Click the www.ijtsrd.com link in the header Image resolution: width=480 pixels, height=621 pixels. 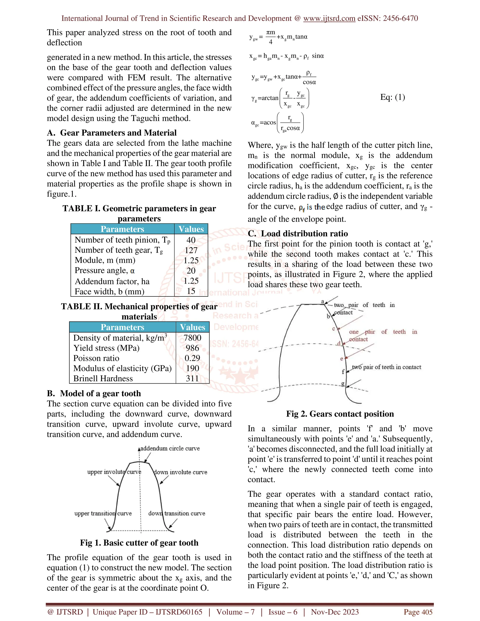click(329, 19)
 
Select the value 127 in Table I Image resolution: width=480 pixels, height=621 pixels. click(191, 250)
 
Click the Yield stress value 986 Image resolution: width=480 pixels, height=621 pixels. click(192, 348)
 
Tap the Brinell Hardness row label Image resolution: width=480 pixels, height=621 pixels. click(103, 379)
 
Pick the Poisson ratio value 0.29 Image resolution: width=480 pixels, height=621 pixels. click(192, 358)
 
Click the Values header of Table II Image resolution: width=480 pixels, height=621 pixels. click(192, 327)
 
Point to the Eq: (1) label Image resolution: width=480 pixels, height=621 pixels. click(392, 97)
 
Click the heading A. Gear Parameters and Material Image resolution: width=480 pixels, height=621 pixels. click(112, 133)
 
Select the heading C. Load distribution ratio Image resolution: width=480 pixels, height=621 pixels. click(298, 234)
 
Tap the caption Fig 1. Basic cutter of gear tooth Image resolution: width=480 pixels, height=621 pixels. click(139, 543)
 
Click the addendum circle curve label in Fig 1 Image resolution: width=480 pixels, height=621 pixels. click(170, 448)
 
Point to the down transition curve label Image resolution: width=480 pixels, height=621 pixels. click(176, 513)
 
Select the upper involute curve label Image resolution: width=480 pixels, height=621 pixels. click(114, 472)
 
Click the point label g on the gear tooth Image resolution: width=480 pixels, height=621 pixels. click(343, 384)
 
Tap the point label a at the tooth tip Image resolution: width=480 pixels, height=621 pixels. click(322, 301)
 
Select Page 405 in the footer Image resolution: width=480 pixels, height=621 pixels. click(418, 612)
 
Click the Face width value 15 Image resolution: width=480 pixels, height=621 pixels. click(191, 291)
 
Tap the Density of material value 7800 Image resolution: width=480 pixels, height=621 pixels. click(192, 338)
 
